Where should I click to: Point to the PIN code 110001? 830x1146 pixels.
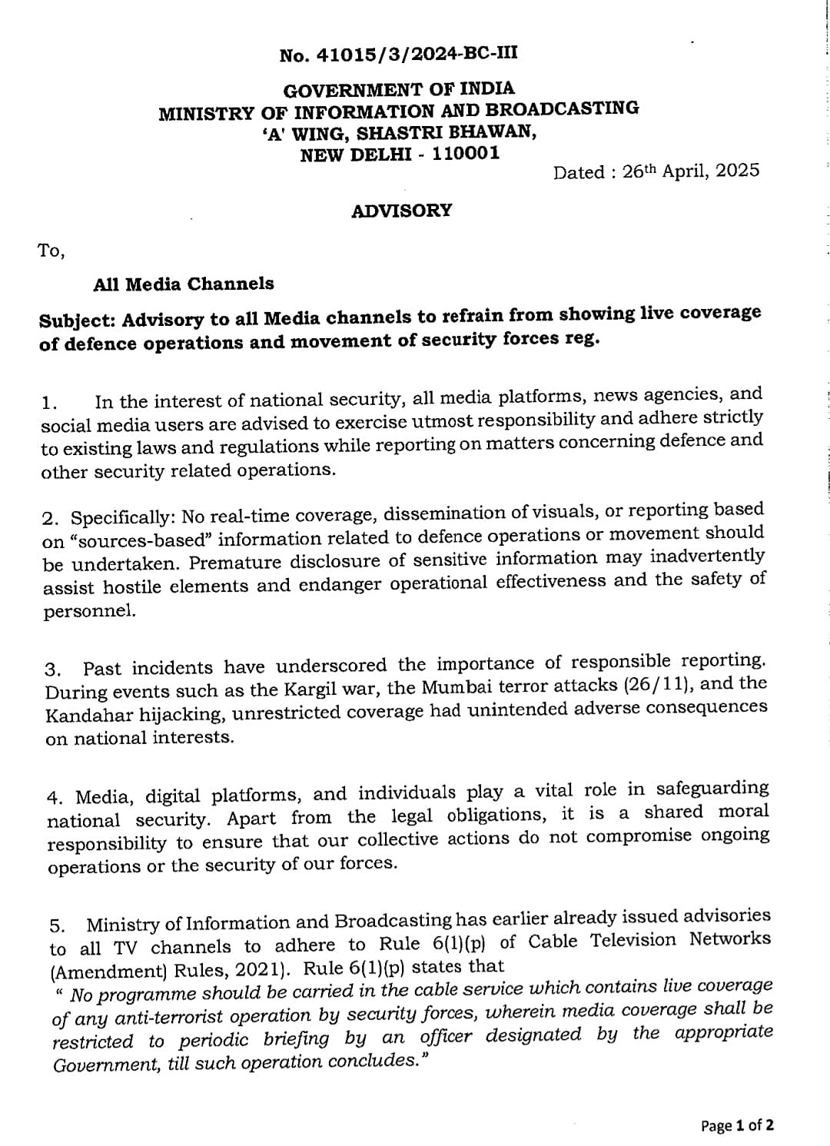pyautogui.click(x=465, y=153)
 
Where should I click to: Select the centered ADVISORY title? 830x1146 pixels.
pyautogui.click(x=401, y=211)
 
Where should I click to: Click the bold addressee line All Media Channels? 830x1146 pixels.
pyautogui.click(x=183, y=284)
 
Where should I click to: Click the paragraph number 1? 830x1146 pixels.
pyautogui.click(x=49, y=403)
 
